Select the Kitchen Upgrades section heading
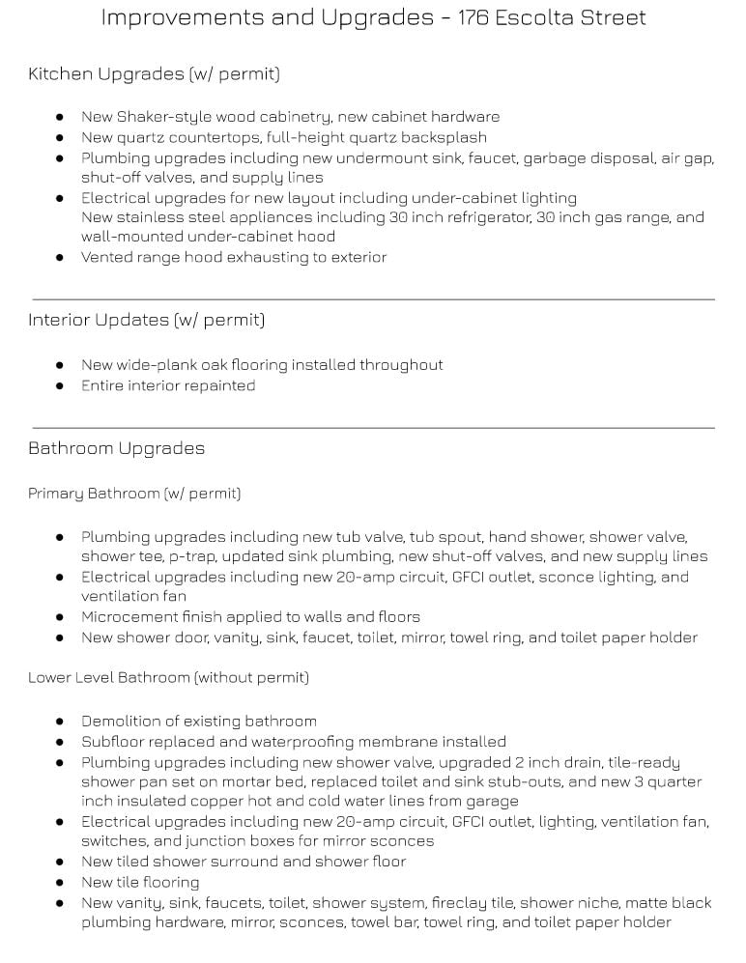[x=154, y=73]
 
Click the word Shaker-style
[x=160, y=117]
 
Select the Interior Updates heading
[x=146, y=320]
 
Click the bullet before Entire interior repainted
[x=60, y=385]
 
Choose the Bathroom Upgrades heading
[x=116, y=448]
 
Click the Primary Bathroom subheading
[x=133, y=494]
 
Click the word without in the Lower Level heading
[x=226, y=678]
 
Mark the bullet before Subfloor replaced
[x=60, y=742]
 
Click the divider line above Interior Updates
[x=373, y=299]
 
